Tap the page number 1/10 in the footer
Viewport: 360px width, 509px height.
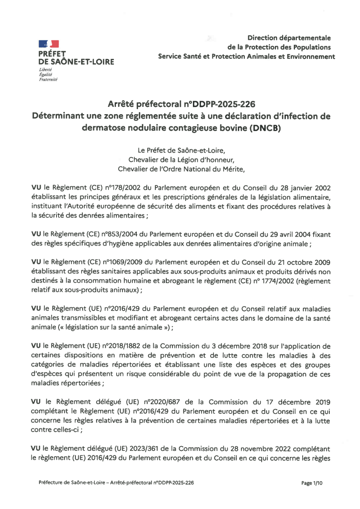tap(312, 483)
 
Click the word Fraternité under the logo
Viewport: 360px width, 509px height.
tap(48, 79)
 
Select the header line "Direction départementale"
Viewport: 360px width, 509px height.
tap(289, 38)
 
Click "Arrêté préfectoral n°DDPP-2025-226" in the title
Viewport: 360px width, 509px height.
tap(182, 104)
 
